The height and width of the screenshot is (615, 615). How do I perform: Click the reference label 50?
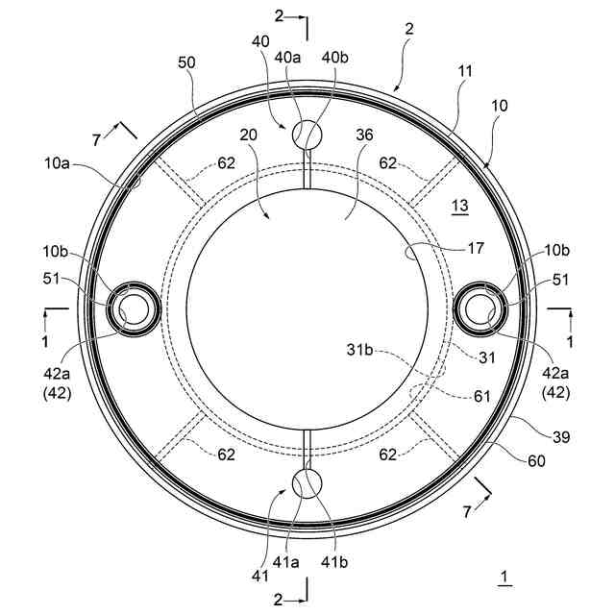point(186,62)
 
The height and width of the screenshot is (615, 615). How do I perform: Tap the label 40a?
point(287,58)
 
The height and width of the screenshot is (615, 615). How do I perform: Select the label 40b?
point(335,58)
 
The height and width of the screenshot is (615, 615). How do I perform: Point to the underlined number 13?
point(460,206)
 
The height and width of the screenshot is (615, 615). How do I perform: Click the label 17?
point(476,248)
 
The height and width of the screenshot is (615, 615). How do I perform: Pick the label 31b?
point(359,349)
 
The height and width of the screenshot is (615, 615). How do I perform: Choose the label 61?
point(482,397)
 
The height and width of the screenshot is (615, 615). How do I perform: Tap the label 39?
point(561,436)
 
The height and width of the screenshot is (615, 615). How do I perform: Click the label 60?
point(536,461)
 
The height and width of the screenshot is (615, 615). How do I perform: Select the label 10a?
point(57,163)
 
